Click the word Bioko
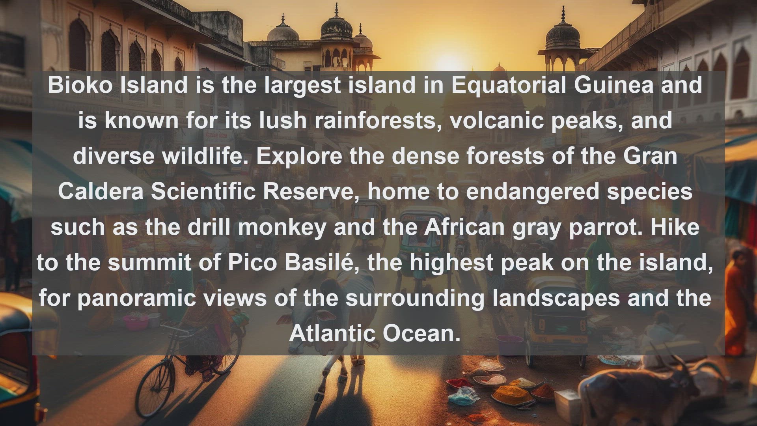coord(80,85)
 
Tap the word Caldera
coord(101,191)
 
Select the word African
coord(464,227)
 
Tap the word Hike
coord(675,227)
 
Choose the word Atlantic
coord(332,333)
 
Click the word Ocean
coord(421,333)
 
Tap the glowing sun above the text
coord(447,63)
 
